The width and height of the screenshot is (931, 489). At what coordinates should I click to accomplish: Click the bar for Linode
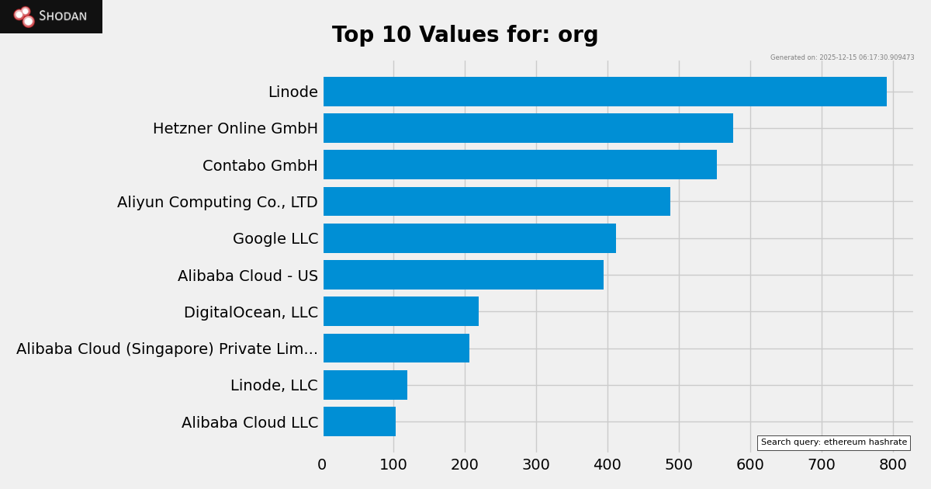(604, 92)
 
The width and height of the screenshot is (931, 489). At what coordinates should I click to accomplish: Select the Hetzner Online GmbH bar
(528, 128)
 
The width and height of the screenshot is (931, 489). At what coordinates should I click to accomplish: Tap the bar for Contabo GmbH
(520, 165)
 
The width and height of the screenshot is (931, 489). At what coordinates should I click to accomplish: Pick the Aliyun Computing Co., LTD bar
(497, 202)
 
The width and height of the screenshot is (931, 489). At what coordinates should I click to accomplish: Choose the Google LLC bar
(469, 238)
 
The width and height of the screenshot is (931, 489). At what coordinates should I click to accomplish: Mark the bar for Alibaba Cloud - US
(463, 275)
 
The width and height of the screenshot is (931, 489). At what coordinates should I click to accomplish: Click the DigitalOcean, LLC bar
(401, 311)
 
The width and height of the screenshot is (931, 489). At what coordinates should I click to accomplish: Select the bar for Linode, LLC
(365, 385)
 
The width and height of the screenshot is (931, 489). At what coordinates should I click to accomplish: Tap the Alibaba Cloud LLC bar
(359, 421)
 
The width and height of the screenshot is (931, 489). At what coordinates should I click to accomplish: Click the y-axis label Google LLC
(275, 239)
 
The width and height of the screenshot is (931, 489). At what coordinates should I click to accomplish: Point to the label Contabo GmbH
(260, 166)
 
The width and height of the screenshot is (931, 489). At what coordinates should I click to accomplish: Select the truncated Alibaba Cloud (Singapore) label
(167, 349)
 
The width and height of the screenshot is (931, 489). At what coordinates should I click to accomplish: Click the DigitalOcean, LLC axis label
(251, 313)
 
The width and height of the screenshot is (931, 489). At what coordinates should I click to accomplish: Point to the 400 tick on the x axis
(607, 465)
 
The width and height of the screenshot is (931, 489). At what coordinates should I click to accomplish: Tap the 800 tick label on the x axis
(893, 465)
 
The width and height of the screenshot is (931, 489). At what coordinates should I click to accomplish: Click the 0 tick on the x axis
(322, 465)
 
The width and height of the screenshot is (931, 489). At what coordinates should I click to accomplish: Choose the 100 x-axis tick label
(393, 465)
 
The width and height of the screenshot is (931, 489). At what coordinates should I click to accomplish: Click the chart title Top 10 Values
(465, 36)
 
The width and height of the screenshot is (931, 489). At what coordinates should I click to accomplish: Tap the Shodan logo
(51, 16)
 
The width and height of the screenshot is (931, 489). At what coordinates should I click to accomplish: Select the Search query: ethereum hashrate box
(833, 442)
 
